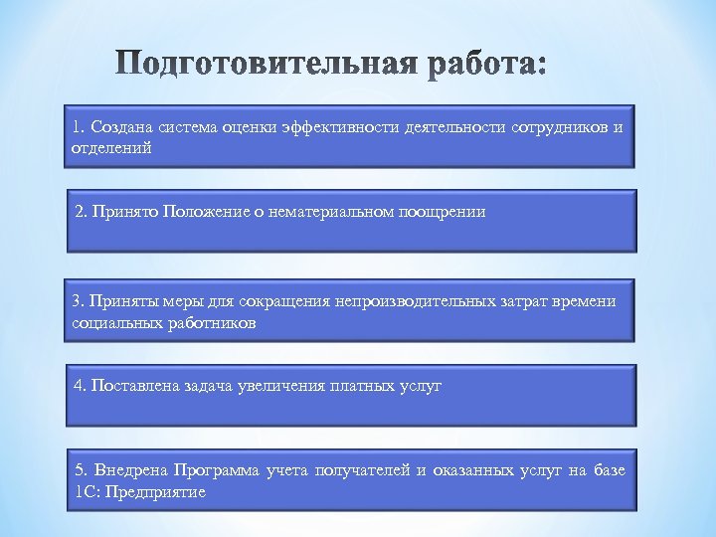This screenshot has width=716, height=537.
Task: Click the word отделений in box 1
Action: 111,148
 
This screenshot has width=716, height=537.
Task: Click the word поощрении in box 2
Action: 443,212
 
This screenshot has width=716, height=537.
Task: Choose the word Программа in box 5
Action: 217,470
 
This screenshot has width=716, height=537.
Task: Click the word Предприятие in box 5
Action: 163,492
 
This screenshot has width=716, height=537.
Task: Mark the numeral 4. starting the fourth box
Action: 81,386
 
